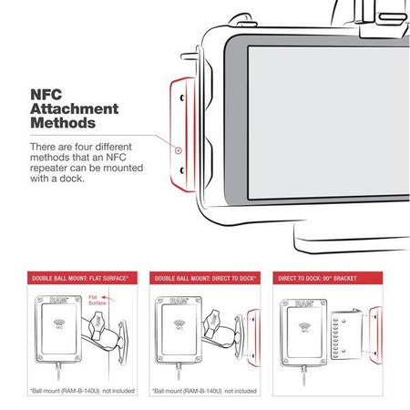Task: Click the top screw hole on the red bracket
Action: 182,97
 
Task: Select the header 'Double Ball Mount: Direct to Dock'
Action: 204,276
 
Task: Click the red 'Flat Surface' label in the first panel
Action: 118,298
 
